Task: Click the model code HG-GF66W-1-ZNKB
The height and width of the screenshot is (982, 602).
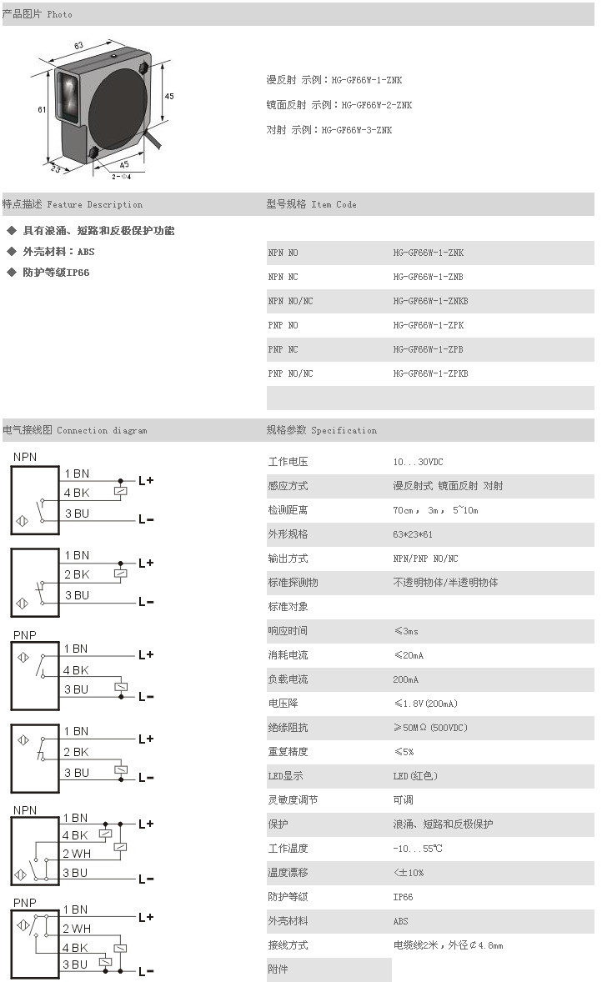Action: click(430, 301)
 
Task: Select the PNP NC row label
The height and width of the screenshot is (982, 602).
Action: click(283, 349)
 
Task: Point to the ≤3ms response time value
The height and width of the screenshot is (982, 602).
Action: click(405, 631)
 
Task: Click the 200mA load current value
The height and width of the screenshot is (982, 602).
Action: click(405, 679)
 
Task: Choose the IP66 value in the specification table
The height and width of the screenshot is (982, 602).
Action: click(403, 897)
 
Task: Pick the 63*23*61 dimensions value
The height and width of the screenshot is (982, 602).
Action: click(414, 534)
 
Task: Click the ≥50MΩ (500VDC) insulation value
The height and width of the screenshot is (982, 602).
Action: click(430, 728)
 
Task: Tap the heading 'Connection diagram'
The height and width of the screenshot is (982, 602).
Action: click(102, 431)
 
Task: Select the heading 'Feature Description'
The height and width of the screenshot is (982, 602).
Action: click(94, 204)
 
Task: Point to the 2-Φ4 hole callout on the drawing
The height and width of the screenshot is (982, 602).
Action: click(122, 176)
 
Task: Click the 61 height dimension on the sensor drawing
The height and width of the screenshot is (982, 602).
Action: click(42, 109)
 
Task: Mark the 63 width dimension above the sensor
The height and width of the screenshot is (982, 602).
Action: click(79, 45)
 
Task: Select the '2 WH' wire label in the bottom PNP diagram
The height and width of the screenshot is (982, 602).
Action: click(77, 929)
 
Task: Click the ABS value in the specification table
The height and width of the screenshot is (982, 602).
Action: click(401, 921)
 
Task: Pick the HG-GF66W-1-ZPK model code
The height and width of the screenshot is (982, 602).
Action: click(428, 325)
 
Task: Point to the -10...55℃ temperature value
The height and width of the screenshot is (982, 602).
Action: click(418, 849)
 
